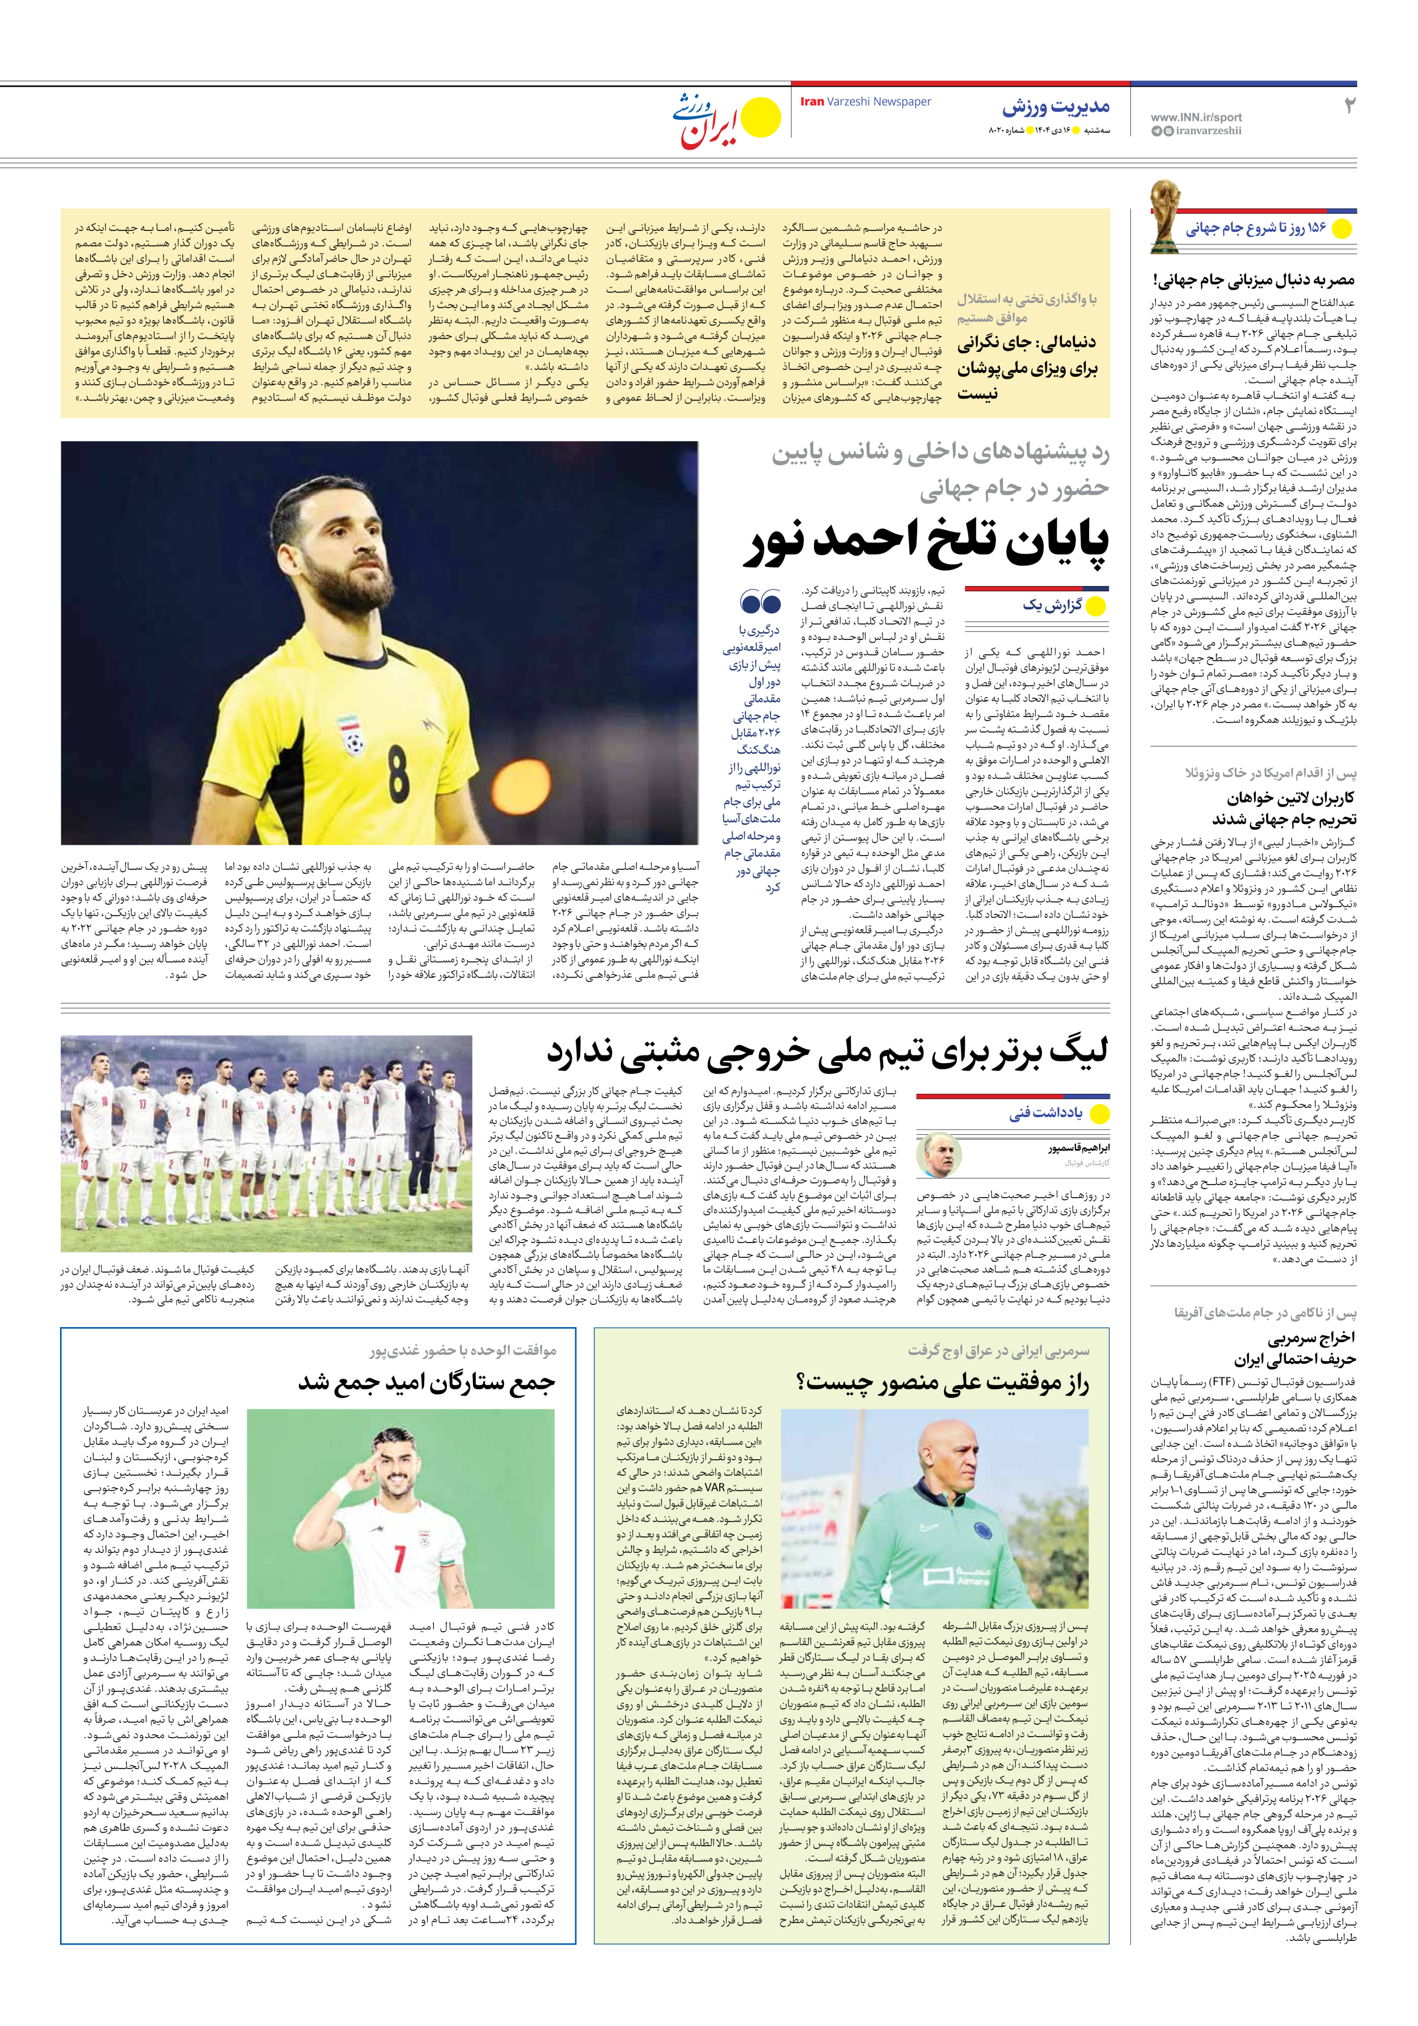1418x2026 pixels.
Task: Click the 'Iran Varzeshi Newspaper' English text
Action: tap(865, 102)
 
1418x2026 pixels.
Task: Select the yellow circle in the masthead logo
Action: tap(759, 119)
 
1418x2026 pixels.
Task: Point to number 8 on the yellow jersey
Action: tap(399, 771)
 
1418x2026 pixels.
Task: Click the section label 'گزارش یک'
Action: tap(1052, 605)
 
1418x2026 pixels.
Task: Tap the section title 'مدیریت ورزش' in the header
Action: tap(1056, 108)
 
